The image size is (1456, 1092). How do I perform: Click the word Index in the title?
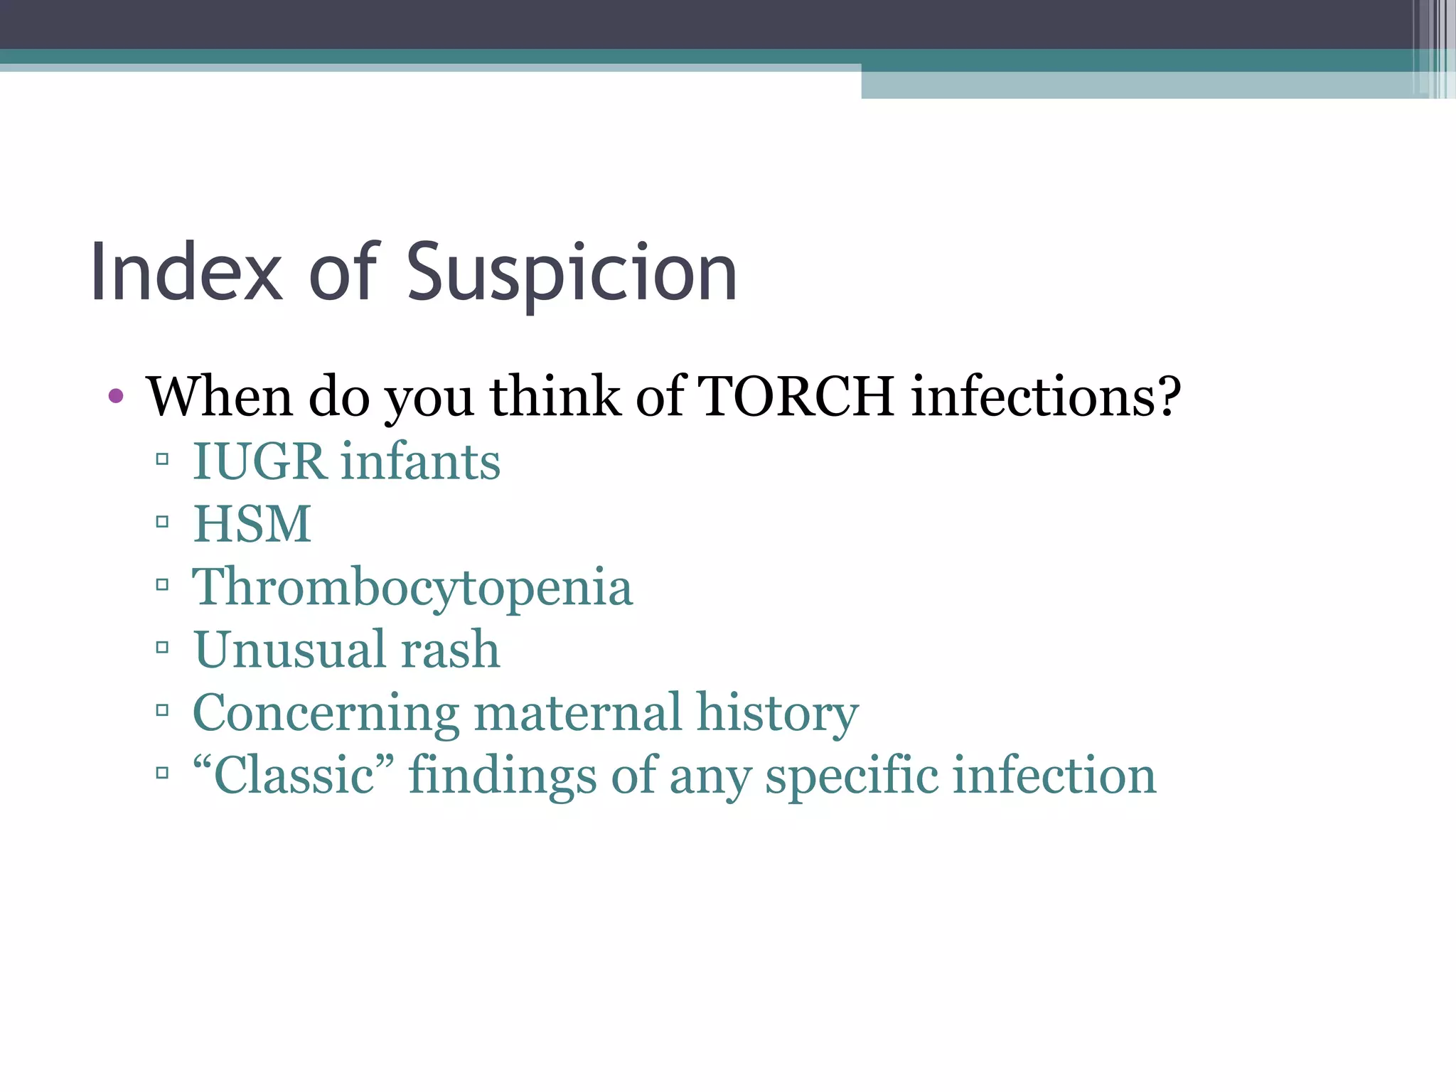click(186, 273)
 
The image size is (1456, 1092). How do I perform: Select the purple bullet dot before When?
click(116, 396)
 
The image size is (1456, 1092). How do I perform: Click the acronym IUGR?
click(259, 461)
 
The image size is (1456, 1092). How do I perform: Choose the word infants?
click(420, 461)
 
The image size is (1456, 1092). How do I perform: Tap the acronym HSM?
click(252, 524)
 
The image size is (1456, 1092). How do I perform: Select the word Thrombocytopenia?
click(412, 588)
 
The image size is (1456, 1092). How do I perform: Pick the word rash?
click(450, 649)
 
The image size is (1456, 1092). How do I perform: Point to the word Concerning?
click(326, 712)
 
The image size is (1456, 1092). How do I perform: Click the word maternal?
click(577, 712)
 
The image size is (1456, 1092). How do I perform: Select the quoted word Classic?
click(294, 775)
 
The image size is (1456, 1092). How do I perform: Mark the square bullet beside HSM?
click(162, 523)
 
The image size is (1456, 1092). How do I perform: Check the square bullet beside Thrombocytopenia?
click(162, 585)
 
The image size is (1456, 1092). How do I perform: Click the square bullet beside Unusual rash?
click(162, 648)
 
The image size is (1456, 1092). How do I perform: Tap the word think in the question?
click(555, 396)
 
